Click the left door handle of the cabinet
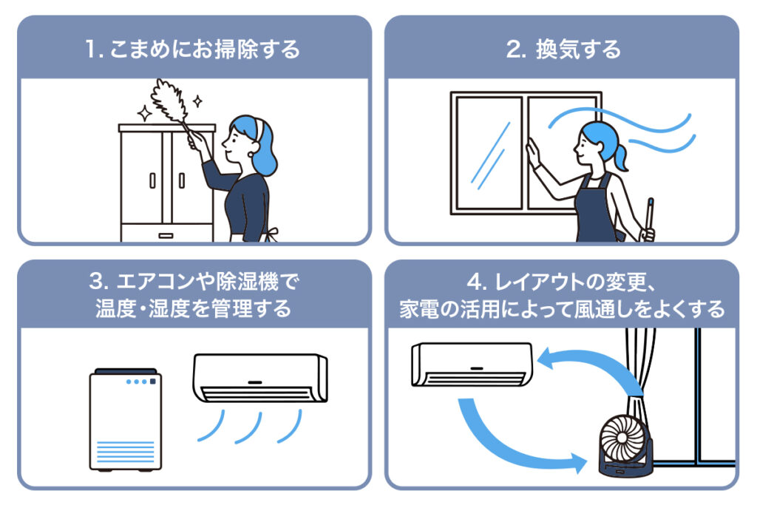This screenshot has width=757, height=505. click(153, 180)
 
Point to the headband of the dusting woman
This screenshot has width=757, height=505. click(258, 127)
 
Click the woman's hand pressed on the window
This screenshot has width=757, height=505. click(532, 152)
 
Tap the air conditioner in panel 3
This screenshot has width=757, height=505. click(260, 378)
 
